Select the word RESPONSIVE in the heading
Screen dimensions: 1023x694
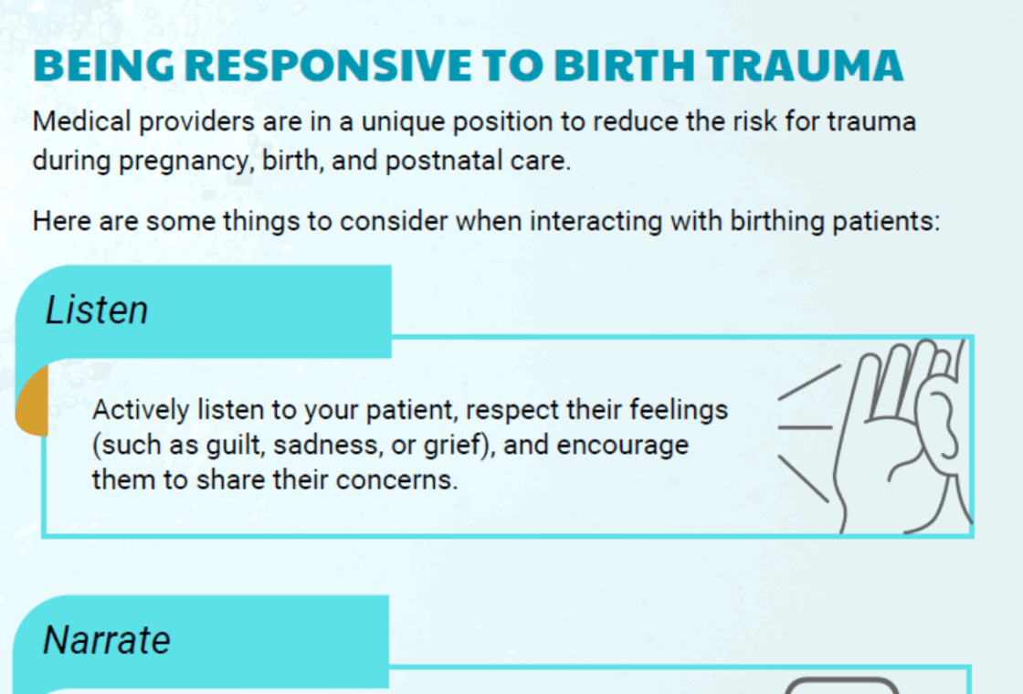328,66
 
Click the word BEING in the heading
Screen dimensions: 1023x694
104,66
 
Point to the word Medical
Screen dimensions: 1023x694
82,121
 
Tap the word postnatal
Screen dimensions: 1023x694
444,161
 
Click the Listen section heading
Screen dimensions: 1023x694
97,310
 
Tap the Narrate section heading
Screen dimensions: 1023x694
107,639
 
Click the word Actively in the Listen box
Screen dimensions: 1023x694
141,411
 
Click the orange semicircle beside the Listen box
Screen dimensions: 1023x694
33,401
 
